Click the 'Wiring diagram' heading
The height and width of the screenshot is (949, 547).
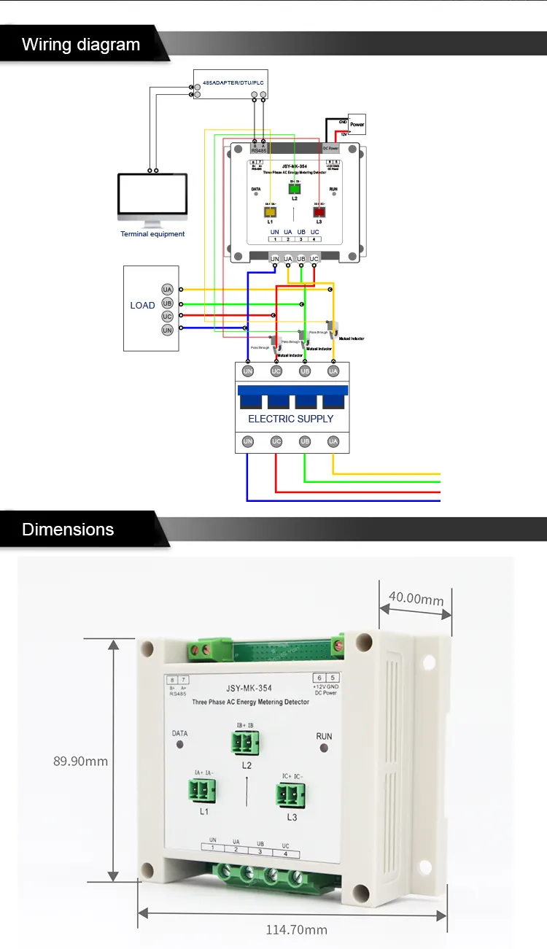point(81,44)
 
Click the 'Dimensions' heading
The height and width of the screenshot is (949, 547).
point(68,530)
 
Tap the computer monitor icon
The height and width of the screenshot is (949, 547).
point(152,198)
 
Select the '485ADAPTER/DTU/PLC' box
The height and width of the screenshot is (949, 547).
point(230,85)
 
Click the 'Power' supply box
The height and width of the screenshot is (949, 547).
point(357,124)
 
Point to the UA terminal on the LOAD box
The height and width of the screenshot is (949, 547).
point(167,290)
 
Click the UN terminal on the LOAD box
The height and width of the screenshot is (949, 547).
point(167,330)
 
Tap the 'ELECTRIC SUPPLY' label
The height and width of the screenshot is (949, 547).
point(290,419)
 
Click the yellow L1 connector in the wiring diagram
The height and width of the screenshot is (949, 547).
point(270,212)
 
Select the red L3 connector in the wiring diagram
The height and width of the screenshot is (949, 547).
point(319,212)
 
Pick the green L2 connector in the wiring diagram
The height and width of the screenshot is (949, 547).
point(295,188)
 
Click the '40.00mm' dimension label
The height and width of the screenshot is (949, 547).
point(416,599)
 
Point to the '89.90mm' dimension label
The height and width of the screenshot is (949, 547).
point(80,761)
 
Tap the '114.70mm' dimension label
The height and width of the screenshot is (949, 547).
point(296,929)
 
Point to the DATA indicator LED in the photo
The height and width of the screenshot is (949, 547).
point(180,745)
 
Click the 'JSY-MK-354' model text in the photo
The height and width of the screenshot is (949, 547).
point(250,686)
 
